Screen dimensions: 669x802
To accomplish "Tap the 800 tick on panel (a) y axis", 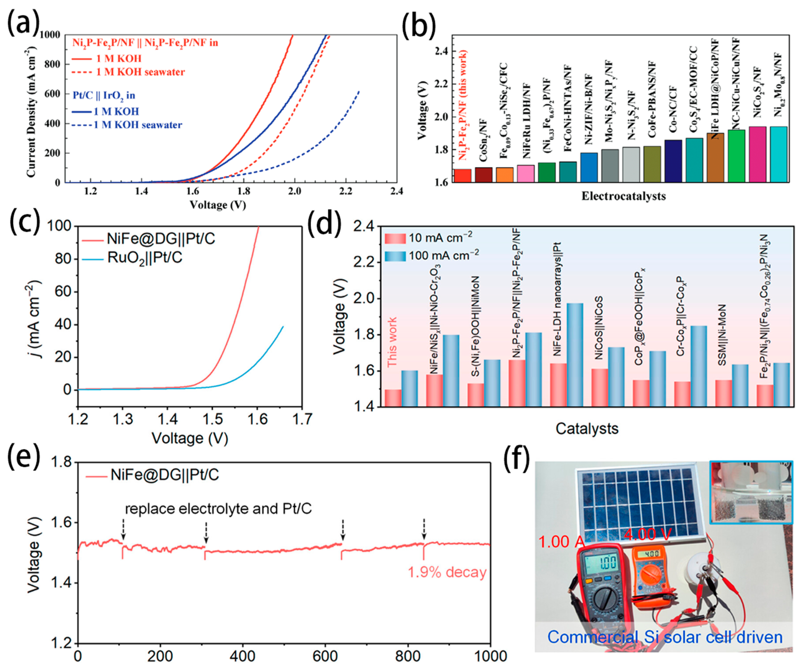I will pos(52,64).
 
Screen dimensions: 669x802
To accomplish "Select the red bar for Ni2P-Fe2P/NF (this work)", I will pos(463,175).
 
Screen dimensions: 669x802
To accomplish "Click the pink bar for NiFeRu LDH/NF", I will pos(525,173).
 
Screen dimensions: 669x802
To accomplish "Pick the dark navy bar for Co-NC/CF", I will pos(673,161).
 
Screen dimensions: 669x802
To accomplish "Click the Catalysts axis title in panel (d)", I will pos(587,428).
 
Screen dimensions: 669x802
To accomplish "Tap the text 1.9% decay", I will pos(447,572).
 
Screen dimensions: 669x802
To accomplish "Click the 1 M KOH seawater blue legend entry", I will pos(138,125).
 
